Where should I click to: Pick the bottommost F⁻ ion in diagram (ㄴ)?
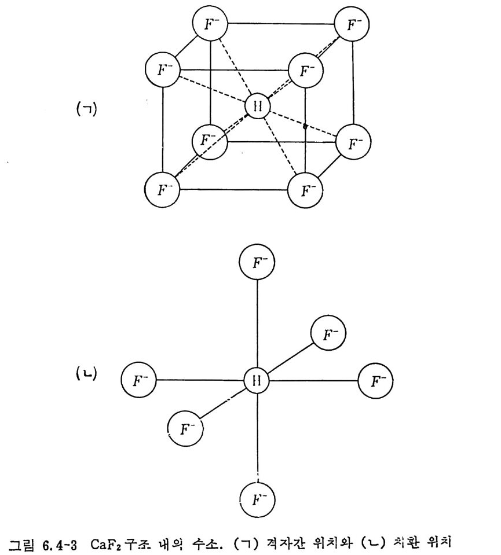point(257,499)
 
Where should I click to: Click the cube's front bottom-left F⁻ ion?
point(162,189)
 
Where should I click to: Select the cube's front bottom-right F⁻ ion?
point(305,189)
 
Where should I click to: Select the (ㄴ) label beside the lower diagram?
point(87,374)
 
